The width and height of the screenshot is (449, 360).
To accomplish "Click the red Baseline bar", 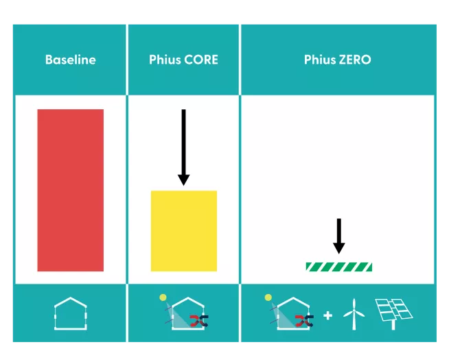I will (70, 190).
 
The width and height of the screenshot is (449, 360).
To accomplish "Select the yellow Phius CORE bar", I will (183, 230).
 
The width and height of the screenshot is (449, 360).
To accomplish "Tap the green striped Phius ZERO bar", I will (338, 267).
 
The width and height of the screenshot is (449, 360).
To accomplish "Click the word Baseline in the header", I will (70, 60).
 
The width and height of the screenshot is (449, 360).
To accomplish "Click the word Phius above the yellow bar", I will (165, 60).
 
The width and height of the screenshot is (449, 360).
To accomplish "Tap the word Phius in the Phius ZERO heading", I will (320, 60).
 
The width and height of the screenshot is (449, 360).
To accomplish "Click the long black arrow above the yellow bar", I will (183, 147).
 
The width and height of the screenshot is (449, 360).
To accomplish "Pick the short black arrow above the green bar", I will (338, 236).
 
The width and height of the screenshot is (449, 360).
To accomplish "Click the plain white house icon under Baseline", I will (71, 314).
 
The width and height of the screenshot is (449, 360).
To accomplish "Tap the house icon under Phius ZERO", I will (292, 315).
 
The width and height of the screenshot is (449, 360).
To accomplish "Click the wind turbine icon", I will (352, 314).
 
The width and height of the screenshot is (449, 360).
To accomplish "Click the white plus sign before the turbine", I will (328, 315).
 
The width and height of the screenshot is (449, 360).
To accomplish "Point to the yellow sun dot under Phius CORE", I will (163, 297).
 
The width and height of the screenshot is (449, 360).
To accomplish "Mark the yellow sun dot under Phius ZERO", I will (268, 297).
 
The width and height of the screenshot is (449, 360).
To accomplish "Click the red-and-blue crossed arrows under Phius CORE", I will (199, 319).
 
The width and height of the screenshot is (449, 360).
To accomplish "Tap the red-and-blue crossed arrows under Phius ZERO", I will (304, 319).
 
